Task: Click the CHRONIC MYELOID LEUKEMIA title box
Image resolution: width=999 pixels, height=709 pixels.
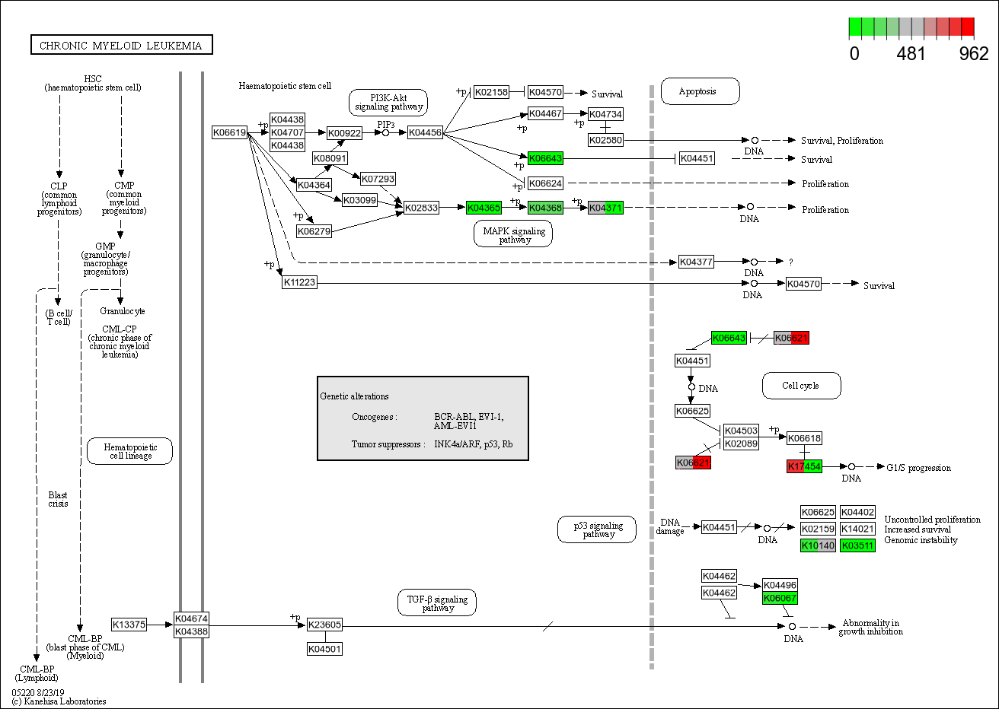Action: click(x=121, y=46)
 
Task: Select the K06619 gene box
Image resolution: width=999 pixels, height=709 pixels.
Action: click(x=229, y=133)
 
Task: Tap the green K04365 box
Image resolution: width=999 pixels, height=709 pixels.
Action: click(x=484, y=208)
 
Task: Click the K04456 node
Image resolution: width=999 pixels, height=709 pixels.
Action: click(x=425, y=133)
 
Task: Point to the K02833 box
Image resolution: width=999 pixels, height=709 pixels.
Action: click(x=421, y=208)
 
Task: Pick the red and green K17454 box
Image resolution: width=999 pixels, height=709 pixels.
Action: click(x=804, y=466)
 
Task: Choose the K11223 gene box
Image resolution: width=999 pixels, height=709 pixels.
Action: click(x=299, y=282)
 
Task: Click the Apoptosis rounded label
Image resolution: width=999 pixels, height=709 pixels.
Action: click(x=699, y=91)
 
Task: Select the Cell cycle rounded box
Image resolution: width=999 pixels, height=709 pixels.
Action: click(x=801, y=386)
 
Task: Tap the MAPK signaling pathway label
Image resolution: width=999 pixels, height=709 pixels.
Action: click(x=514, y=234)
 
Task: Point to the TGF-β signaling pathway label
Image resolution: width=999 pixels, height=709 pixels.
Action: click(x=437, y=603)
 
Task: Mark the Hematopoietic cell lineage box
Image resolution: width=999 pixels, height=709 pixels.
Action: click(x=130, y=451)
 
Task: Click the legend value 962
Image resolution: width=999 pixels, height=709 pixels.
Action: click(x=973, y=54)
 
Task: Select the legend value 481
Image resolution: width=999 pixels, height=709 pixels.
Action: click(x=911, y=54)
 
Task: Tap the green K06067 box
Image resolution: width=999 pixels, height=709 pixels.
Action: click(x=780, y=598)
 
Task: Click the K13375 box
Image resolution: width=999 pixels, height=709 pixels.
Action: click(x=129, y=625)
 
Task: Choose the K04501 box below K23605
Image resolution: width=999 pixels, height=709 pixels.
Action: click(x=324, y=649)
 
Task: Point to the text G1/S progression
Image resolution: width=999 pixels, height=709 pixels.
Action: click(x=918, y=468)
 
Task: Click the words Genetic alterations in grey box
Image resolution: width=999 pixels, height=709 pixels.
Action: click(x=354, y=396)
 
